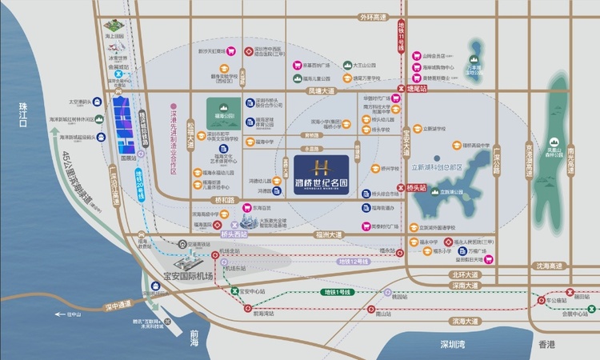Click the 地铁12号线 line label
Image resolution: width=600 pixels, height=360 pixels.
[353, 262]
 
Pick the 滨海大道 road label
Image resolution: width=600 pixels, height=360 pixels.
[464, 321]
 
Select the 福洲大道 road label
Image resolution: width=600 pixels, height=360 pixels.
[328, 235]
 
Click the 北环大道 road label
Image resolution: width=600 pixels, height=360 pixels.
[464, 274]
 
